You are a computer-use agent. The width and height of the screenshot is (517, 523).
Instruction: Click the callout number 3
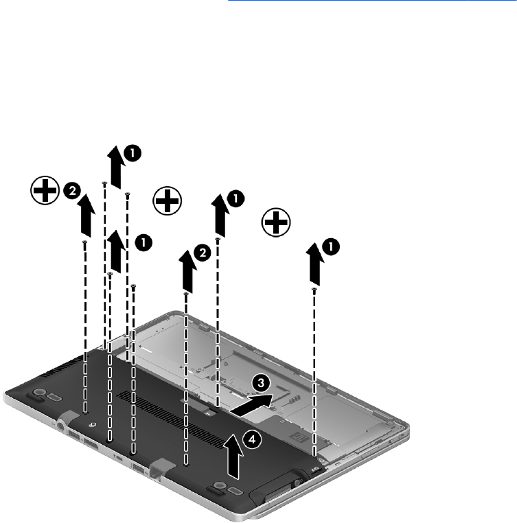tap(261, 383)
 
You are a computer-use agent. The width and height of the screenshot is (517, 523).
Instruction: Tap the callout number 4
tap(252, 440)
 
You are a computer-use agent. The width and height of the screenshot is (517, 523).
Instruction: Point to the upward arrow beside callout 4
tap(234, 456)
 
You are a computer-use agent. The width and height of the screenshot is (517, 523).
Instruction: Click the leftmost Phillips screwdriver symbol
tap(45, 190)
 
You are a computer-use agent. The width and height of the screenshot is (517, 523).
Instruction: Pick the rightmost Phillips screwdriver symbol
tap(276, 222)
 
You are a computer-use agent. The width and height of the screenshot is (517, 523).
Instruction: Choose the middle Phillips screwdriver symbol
tap(168, 201)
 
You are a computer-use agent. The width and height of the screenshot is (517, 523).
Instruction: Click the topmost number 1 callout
tap(133, 154)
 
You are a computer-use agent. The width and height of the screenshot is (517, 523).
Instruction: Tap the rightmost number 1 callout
tap(331, 247)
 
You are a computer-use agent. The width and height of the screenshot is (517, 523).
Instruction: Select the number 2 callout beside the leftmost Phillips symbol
tap(72, 191)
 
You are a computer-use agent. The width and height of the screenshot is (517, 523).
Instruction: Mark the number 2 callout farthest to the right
tap(203, 253)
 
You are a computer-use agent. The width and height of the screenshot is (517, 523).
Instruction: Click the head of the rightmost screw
tap(314, 290)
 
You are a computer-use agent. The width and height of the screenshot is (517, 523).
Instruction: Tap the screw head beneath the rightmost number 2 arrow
tap(186, 294)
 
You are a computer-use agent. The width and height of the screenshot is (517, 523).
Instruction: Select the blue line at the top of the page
tap(373, 0)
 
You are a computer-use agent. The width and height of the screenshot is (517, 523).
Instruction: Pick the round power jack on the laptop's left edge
tap(61, 426)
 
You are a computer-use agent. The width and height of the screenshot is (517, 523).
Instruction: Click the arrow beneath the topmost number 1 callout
tap(116, 167)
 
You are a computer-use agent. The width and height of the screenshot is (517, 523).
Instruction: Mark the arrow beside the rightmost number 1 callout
tap(315, 264)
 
